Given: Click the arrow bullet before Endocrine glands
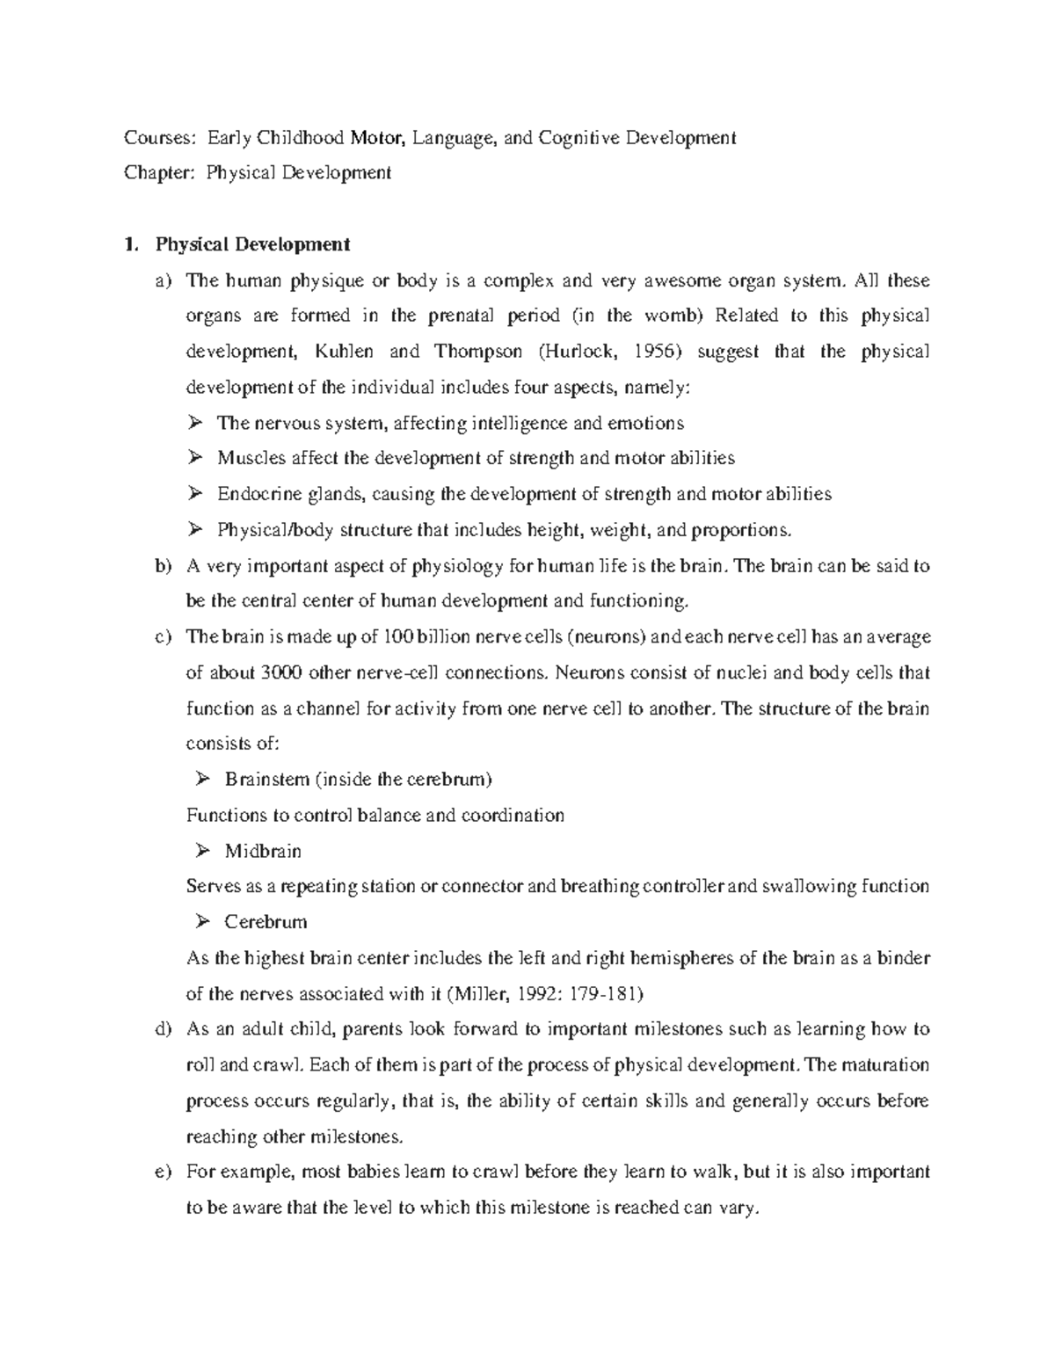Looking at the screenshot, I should click(x=195, y=494).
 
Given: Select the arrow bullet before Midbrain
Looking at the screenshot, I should click(x=202, y=851).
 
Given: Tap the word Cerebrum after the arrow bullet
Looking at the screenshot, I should click(x=266, y=922).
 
